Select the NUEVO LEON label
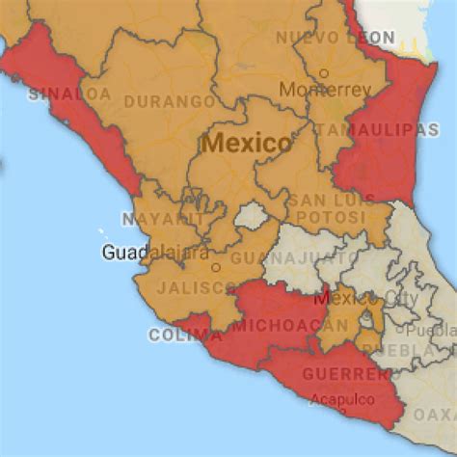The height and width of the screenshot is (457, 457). tap(335, 37)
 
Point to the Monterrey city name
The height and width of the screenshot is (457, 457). tap(325, 89)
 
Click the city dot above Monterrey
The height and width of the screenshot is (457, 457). tap(325, 72)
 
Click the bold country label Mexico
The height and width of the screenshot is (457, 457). tap(246, 144)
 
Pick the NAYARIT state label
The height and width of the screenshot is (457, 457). tap(164, 219)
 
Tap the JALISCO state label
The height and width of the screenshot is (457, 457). tap(195, 287)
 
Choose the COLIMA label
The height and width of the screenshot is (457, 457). tap(178, 336)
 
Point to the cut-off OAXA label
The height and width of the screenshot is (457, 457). tap(437, 414)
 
